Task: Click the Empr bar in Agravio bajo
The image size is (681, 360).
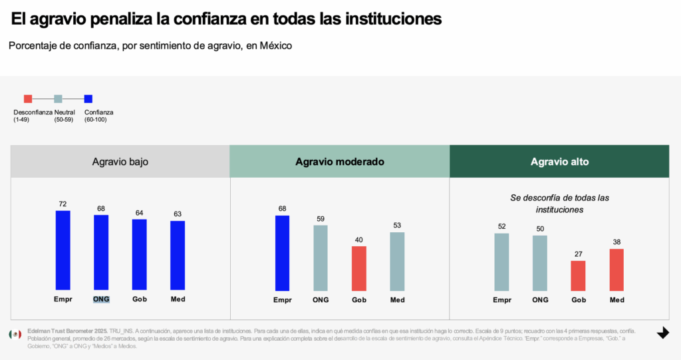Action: click(x=63, y=250)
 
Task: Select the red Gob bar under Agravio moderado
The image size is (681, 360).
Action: click(x=359, y=268)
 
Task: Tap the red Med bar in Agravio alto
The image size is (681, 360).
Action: click(x=616, y=270)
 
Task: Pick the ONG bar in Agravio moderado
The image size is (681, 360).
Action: click(x=321, y=258)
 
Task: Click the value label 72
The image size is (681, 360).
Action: click(x=63, y=204)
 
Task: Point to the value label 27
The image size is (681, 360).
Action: click(x=578, y=254)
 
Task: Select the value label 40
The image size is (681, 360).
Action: click(x=359, y=240)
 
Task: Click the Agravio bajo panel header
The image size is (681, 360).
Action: click(x=120, y=162)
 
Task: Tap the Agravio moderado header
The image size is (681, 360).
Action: click(x=339, y=162)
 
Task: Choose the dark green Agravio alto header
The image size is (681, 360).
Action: click(x=559, y=162)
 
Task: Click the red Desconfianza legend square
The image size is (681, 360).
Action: click(x=27, y=99)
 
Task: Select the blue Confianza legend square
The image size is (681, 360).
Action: click(x=88, y=99)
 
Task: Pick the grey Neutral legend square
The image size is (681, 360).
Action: click(x=58, y=99)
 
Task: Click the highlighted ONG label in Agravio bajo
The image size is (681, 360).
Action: click(x=101, y=299)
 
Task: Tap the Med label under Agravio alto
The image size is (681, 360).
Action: click(x=616, y=299)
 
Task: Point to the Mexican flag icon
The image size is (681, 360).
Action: click(x=15, y=334)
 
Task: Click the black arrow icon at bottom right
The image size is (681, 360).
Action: click(x=662, y=333)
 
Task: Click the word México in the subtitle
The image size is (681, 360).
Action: click(x=274, y=46)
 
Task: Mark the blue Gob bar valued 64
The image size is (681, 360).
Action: click(x=139, y=254)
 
